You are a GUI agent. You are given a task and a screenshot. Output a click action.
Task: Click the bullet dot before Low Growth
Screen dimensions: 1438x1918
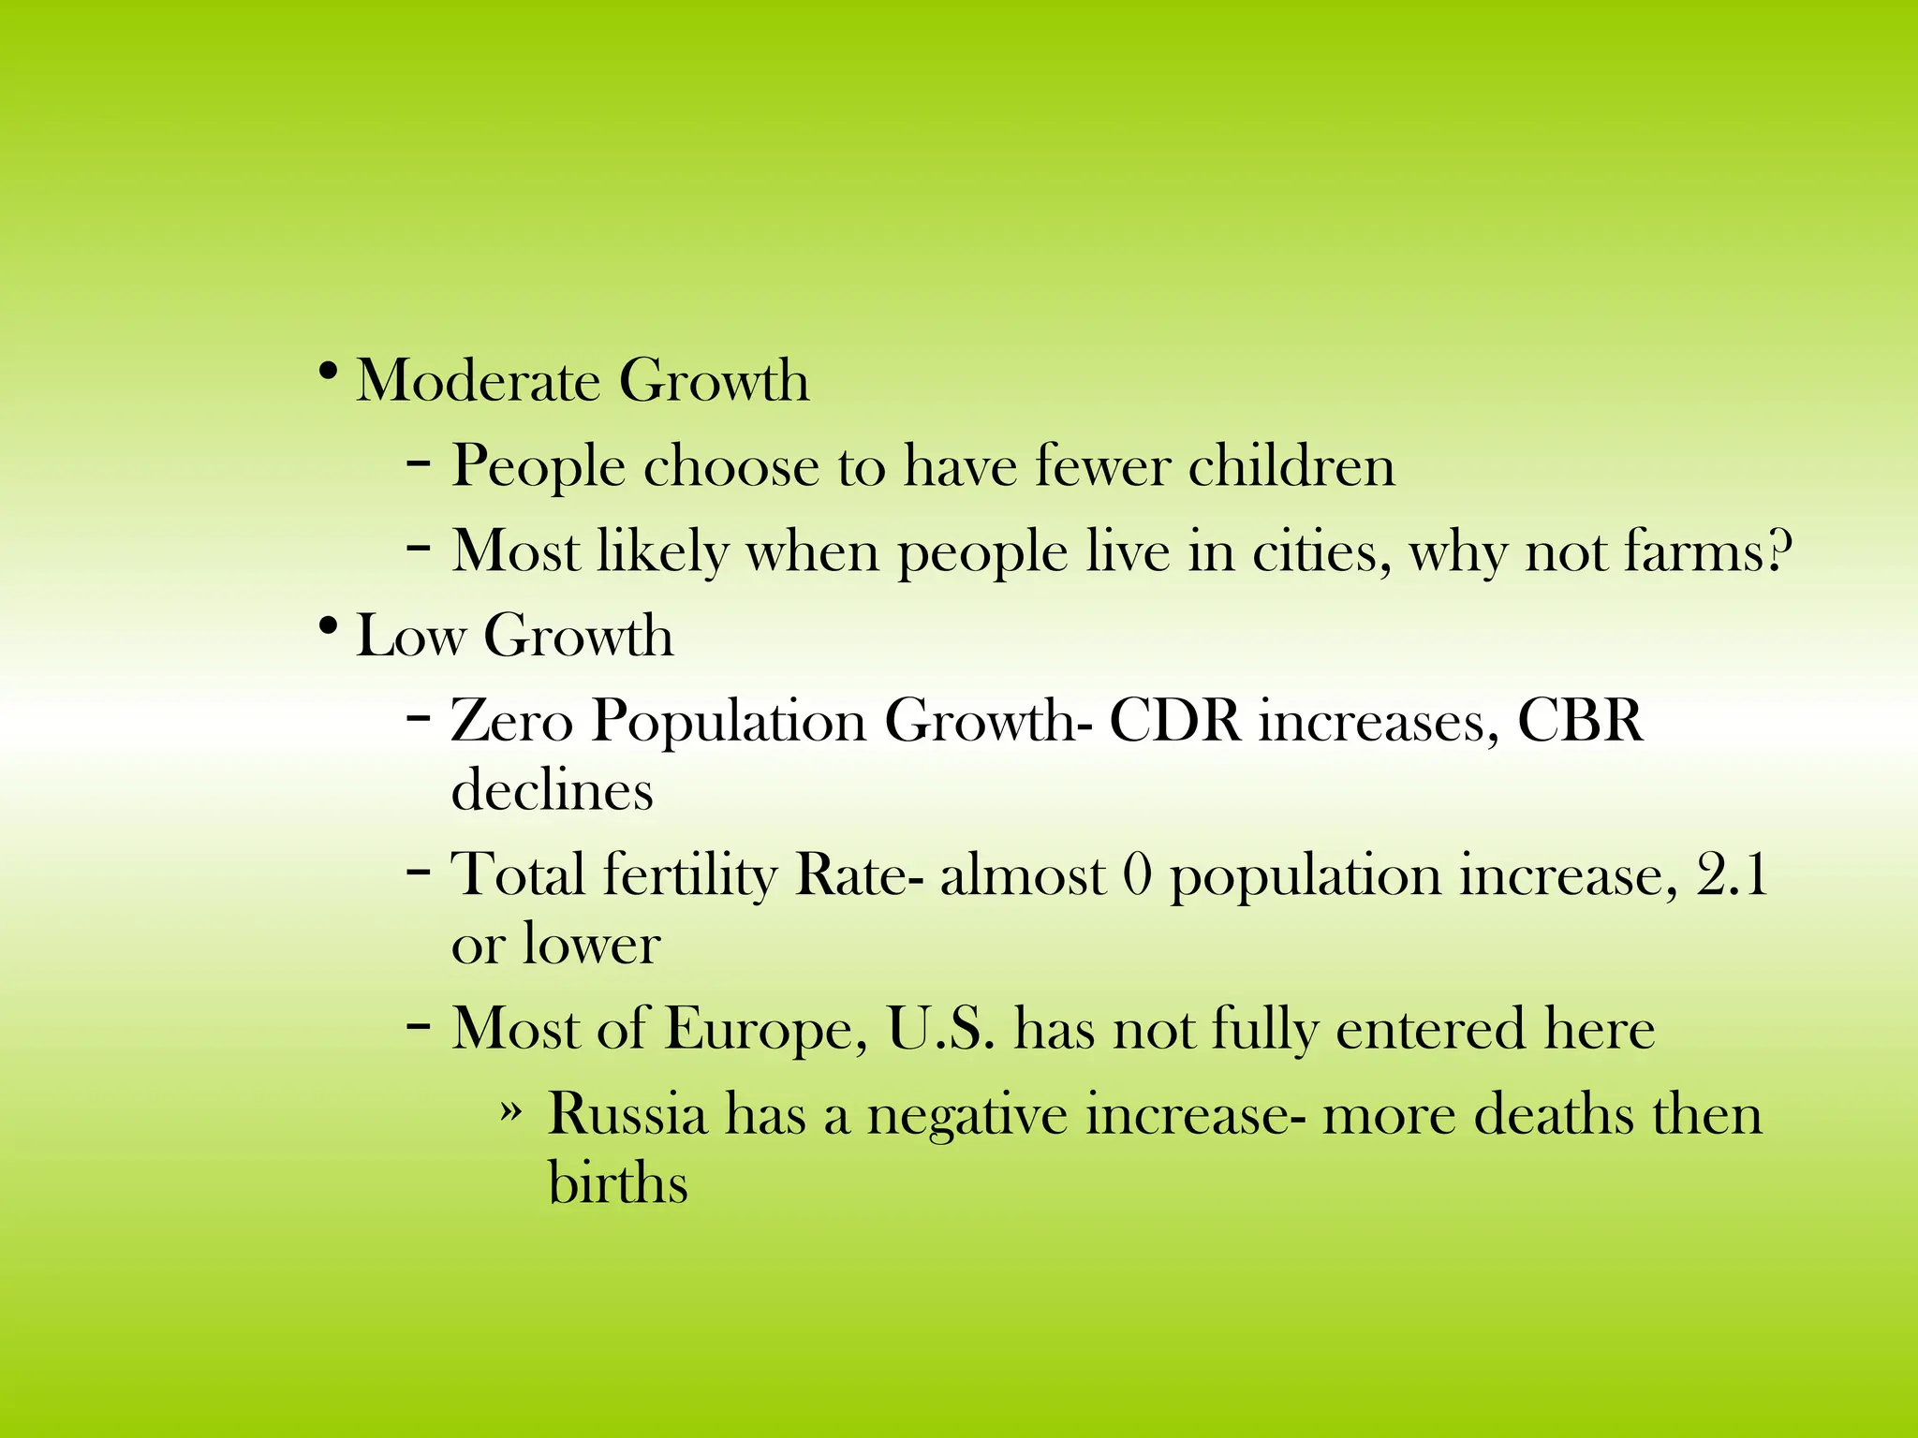point(327,626)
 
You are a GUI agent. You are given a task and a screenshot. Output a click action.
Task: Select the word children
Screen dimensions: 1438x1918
point(1291,466)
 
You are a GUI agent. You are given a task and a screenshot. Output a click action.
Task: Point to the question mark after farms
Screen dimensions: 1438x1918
point(1778,551)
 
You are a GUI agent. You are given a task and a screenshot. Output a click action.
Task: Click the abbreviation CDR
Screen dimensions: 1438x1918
point(1175,722)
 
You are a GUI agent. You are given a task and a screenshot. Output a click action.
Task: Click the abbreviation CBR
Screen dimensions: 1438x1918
point(1579,722)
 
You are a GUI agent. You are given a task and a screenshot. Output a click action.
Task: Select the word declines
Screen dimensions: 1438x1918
point(552,790)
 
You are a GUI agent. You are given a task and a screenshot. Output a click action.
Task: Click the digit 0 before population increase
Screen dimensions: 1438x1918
point(1136,875)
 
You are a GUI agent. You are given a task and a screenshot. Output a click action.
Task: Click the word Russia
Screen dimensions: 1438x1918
point(627,1115)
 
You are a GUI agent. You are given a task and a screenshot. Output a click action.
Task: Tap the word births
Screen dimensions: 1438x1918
point(618,1182)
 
